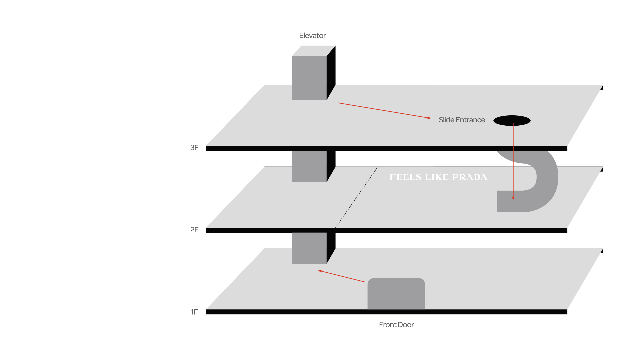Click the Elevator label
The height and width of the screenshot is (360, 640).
(x=312, y=36)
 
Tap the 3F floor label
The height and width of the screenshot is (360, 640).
(x=194, y=148)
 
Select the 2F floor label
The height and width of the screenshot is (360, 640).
(x=194, y=230)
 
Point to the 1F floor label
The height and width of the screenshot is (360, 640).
(x=194, y=312)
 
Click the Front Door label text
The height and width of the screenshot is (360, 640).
(x=396, y=325)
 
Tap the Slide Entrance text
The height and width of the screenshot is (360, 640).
(x=462, y=120)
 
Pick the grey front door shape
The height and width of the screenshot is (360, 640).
(x=396, y=294)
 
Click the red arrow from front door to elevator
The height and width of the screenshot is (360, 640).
(x=342, y=276)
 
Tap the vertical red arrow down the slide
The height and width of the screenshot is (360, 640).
(x=513, y=160)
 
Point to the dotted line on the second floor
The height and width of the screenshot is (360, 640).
(x=357, y=197)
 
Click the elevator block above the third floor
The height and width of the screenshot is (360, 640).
(x=309, y=78)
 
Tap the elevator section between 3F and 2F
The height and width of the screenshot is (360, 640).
(x=309, y=166)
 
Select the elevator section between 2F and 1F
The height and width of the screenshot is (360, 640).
(x=309, y=248)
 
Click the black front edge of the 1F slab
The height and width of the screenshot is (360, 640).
(x=387, y=312)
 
